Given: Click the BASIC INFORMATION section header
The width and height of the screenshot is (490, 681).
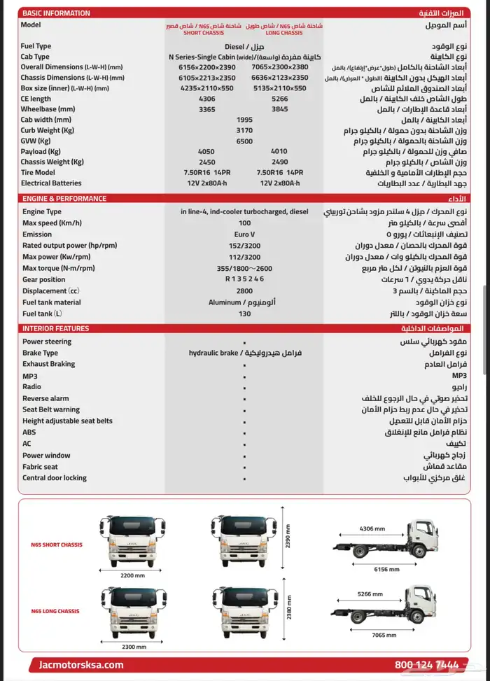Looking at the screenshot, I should click(x=56, y=13).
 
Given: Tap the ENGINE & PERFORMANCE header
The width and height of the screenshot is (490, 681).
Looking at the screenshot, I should click(x=64, y=199).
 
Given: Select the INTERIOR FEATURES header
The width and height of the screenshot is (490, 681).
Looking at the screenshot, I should click(x=55, y=328).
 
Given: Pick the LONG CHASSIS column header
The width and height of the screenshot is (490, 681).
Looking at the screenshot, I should click(x=283, y=29).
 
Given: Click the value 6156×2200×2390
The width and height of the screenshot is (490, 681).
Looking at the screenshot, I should click(x=207, y=67).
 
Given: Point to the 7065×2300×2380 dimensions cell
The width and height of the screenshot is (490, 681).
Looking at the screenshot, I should click(x=284, y=67).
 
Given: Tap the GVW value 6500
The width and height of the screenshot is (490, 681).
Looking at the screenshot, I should click(x=244, y=141).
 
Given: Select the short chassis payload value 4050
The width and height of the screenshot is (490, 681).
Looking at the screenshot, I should click(x=206, y=151).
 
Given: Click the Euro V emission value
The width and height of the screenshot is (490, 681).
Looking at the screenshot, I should click(x=244, y=234).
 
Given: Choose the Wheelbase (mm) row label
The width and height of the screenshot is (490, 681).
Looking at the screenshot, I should click(x=48, y=109).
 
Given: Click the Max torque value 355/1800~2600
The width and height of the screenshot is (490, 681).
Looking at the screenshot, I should click(x=244, y=268).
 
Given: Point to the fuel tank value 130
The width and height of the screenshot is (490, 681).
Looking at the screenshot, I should click(x=244, y=314).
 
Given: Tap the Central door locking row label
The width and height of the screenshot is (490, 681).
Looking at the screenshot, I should click(x=55, y=478).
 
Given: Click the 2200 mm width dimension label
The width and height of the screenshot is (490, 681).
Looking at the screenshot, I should click(x=132, y=575).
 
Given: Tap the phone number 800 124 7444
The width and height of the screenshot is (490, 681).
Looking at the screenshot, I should click(x=426, y=665).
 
